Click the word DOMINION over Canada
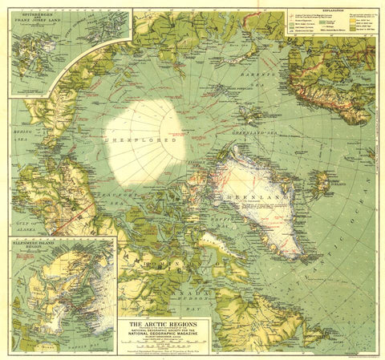tap(152, 265)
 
